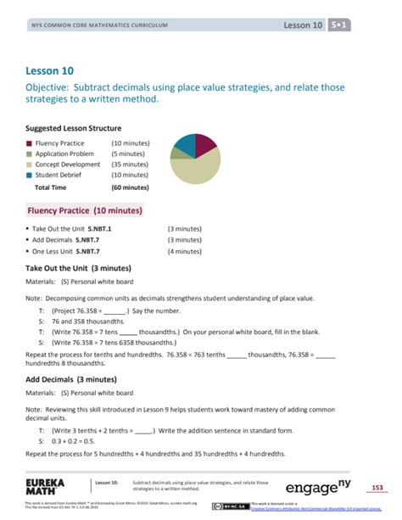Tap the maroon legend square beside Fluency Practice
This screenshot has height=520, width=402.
click(x=29, y=143)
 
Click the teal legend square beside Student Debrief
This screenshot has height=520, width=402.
click(x=29, y=176)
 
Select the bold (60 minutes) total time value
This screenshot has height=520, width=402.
click(x=130, y=187)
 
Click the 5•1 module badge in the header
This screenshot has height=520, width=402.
click(x=340, y=25)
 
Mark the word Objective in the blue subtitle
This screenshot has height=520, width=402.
click(x=52, y=87)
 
